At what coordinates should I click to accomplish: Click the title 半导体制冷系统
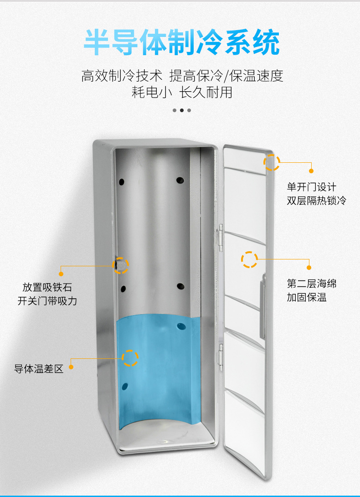pos(181,43)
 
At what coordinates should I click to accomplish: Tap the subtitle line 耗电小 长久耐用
pos(182,93)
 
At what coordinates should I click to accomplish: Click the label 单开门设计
pos(311,187)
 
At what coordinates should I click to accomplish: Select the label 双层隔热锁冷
pos(316,200)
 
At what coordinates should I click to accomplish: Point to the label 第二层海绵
pos(311,284)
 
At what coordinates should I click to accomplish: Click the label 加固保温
pos(307,297)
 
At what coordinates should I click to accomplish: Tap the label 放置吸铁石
pos(47,287)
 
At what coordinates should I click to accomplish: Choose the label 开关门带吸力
pos(47,301)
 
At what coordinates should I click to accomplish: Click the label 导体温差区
pos(39,369)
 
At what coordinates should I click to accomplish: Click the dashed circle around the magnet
pos(121,265)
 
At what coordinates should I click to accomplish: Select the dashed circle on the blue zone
pos(130,358)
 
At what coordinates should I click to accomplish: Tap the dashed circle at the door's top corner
pos(272,162)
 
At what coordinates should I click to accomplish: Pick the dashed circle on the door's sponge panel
pos(249,259)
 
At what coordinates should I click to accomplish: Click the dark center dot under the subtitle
pos(182,110)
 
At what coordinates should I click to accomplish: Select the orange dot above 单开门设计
pos(311,171)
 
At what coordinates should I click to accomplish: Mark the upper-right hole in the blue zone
pos(180,326)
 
